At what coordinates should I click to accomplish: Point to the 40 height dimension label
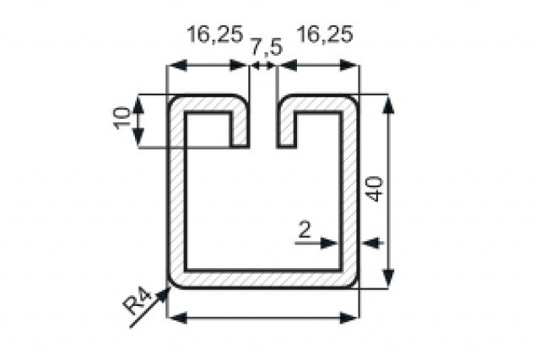(x=375, y=187)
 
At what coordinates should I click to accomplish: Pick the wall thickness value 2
(x=304, y=228)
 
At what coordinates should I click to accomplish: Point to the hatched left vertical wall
(x=176, y=194)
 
